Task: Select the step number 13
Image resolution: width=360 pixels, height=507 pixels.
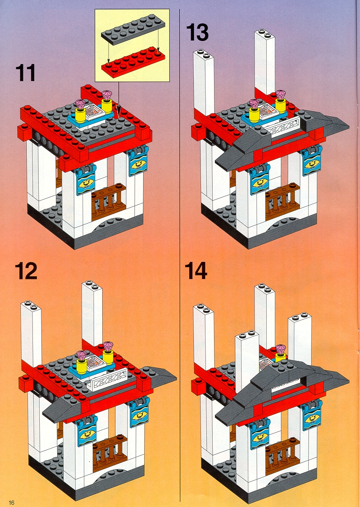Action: pos(197,32)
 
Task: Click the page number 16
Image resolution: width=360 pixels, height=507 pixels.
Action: pos(12,502)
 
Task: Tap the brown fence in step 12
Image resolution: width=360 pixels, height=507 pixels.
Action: pos(110,452)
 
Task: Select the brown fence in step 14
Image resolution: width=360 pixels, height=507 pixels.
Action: pos(282,455)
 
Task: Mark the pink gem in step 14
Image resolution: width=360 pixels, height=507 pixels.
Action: pos(281,349)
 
